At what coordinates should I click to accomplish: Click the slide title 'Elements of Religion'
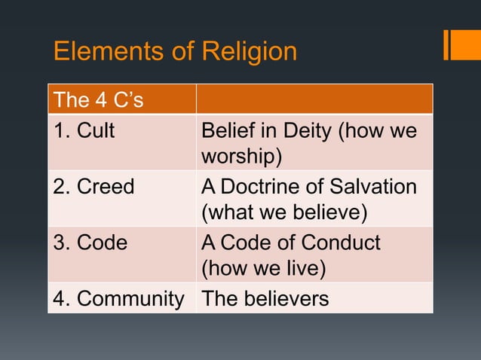[x=175, y=52]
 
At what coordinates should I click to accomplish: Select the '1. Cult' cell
[x=84, y=131]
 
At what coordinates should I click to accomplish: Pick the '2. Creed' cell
[x=93, y=187]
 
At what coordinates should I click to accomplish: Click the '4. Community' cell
[x=118, y=299]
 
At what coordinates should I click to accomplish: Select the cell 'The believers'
[x=265, y=299]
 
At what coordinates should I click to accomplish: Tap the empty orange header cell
[x=314, y=99]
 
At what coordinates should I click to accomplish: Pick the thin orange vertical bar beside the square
[x=446, y=44]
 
